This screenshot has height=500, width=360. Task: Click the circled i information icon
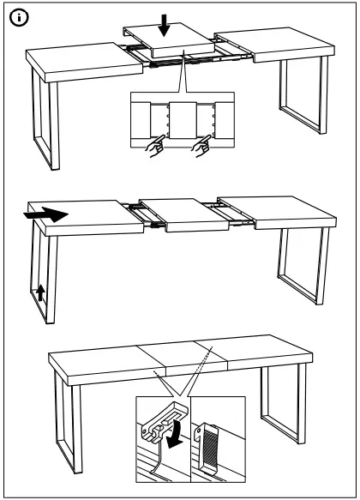point(16,16)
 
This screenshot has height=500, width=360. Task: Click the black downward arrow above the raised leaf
point(165,27)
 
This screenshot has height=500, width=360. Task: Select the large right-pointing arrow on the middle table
point(44,214)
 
